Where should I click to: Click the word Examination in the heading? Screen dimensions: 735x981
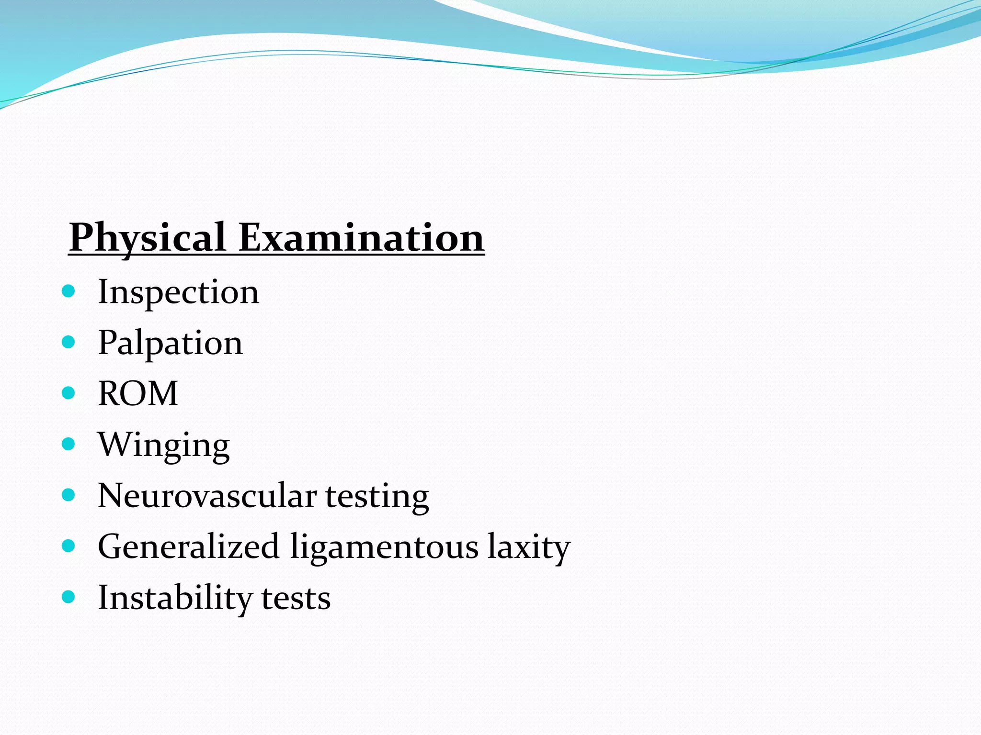click(361, 237)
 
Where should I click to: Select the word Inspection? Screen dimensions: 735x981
click(178, 292)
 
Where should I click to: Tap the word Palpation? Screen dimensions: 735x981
click(170, 343)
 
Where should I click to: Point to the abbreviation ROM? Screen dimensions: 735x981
click(138, 393)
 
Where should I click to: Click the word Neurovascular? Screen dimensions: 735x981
click(207, 496)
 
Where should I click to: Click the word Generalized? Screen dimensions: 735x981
click(188, 546)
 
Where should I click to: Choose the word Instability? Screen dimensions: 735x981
click(175, 598)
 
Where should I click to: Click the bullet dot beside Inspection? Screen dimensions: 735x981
click(69, 291)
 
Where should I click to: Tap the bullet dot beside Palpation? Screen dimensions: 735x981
click(69, 342)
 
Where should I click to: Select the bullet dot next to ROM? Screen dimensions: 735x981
click(69, 393)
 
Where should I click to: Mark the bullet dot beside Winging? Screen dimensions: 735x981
click(69, 444)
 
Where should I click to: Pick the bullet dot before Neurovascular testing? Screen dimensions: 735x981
click(69, 495)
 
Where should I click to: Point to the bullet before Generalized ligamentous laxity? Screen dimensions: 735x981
click(69, 546)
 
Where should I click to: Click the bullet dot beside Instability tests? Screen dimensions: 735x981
click(69, 597)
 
